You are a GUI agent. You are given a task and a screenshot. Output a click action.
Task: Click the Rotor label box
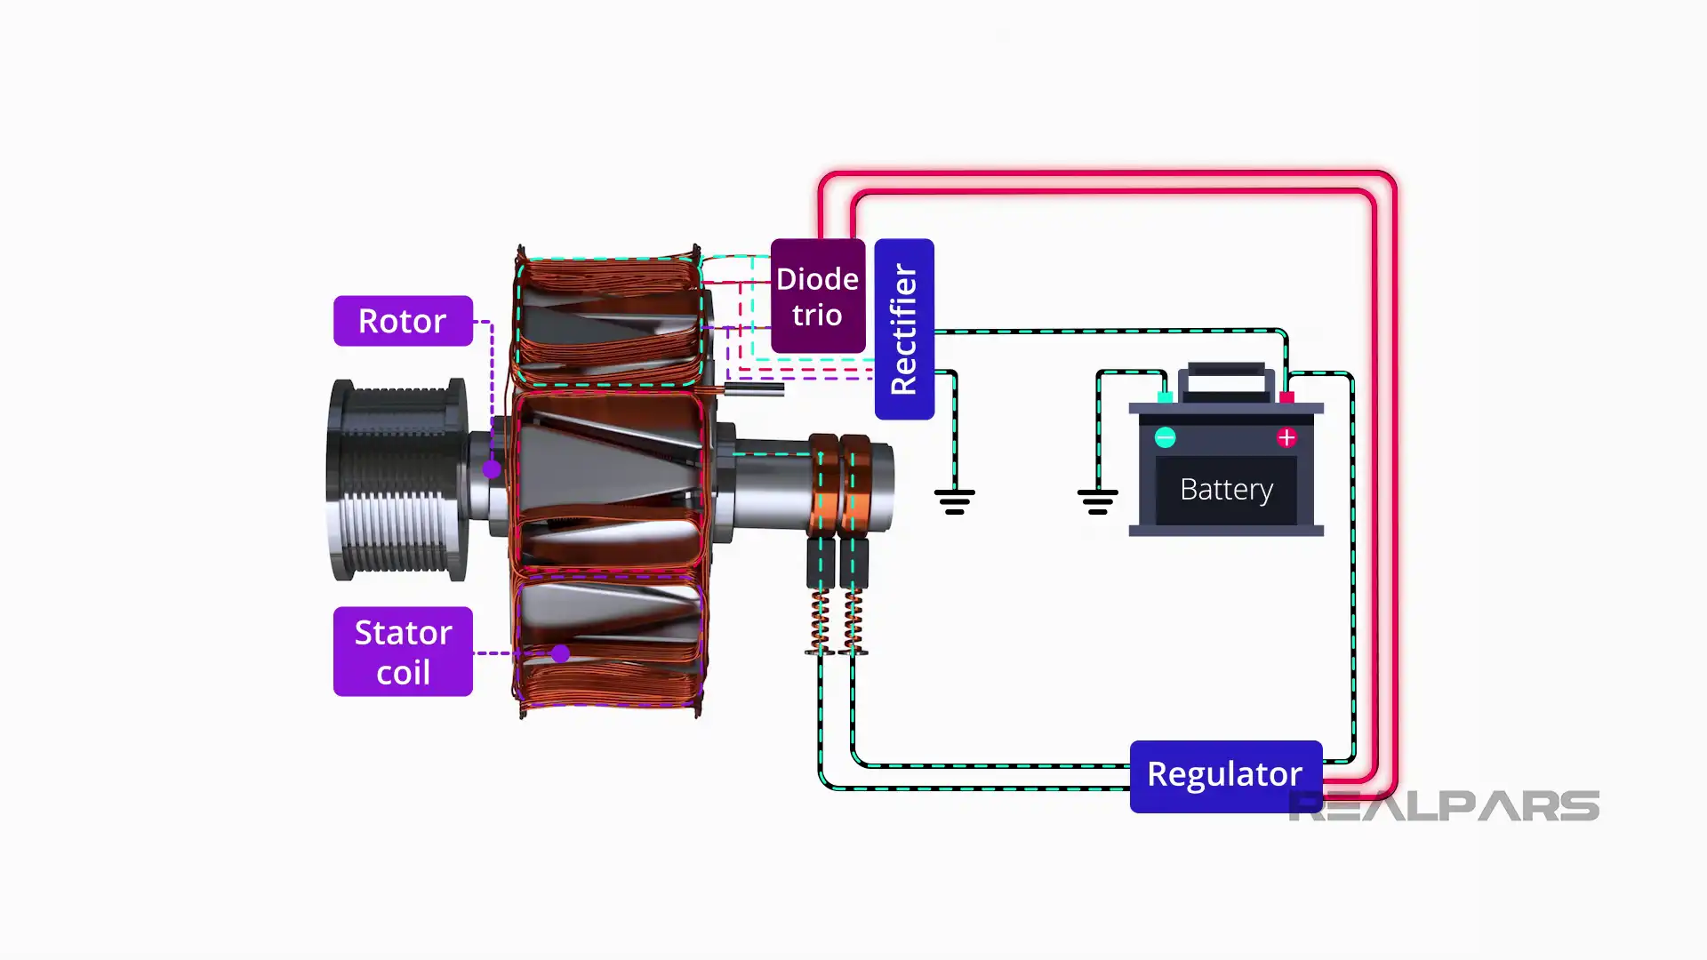(403, 321)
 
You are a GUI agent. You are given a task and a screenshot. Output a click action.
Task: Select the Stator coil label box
(403, 652)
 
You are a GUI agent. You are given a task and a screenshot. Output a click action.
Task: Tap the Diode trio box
(817, 296)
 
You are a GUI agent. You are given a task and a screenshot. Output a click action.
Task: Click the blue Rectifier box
(904, 329)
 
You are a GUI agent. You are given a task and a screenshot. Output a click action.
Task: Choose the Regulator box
(1225, 775)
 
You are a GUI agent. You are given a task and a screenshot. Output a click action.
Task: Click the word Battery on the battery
(1226, 490)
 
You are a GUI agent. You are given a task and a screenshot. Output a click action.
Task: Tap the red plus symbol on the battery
(1286, 437)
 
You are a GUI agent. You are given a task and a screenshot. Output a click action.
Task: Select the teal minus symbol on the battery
(1165, 437)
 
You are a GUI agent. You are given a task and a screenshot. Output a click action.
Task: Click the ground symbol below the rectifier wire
(954, 501)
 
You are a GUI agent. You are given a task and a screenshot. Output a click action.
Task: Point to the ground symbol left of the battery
(1097, 501)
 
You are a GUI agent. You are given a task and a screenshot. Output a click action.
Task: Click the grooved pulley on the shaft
(398, 480)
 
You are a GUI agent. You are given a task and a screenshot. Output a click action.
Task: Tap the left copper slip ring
(823, 484)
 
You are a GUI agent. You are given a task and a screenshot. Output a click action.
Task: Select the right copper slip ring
(855, 484)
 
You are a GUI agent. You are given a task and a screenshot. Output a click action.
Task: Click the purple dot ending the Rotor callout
(492, 469)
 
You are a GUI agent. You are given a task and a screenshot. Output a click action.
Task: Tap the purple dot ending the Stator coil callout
(560, 654)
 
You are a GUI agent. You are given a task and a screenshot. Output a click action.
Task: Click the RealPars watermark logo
(1444, 805)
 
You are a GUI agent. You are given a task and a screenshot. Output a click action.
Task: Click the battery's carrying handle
(1226, 378)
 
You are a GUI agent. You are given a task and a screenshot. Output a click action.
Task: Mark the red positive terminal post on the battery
(1286, 397)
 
